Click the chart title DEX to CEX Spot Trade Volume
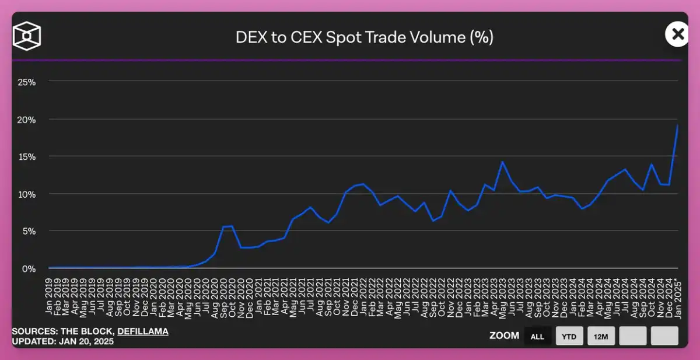coord(365,37)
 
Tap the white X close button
coord(677,34)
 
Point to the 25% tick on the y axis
coord(26,82)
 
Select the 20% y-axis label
coord(26,119)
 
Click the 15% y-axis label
coord(26,156)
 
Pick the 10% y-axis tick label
coord(26,194)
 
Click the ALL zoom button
coord(537,336)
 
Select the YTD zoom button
coord(569,336)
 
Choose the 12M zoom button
coord(601,336)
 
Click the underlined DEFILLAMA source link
coord(143,331)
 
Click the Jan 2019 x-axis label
coord(50,295)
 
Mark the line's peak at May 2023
coord(501,162)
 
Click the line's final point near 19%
coord(678,125)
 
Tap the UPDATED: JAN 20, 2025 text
coord(62,341)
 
